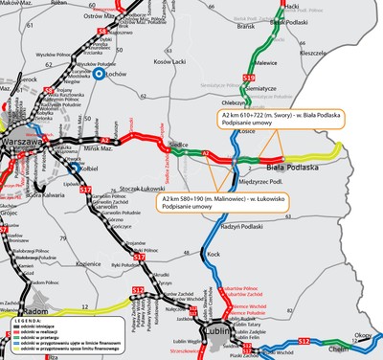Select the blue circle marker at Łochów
99,72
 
